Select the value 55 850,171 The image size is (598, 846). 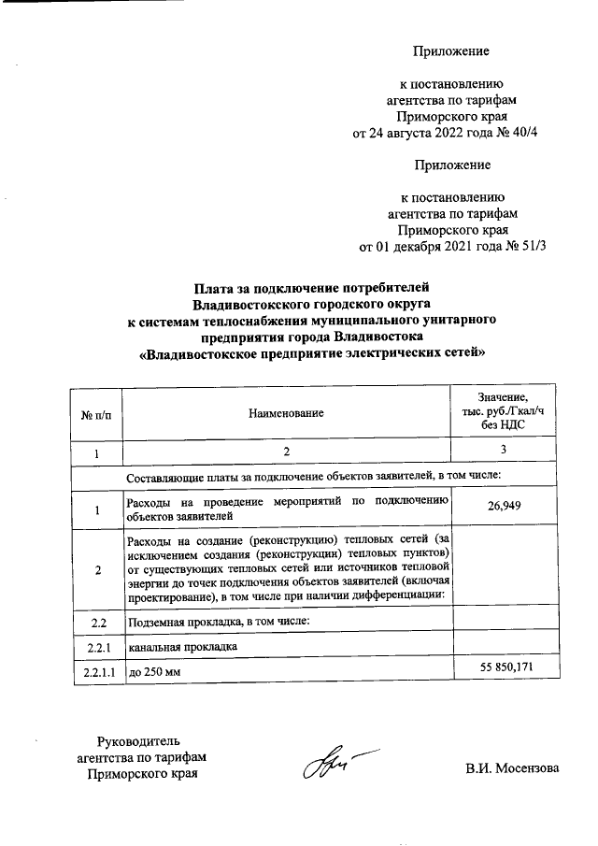[505, 669]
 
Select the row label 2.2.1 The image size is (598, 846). [96, 646]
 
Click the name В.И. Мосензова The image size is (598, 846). [513, 768]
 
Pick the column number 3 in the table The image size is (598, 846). [504, 452]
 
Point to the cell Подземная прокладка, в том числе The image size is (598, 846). [218, 621]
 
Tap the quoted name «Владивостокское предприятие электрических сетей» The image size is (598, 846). [311, 354]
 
